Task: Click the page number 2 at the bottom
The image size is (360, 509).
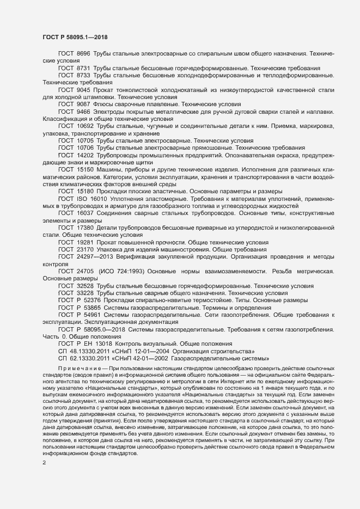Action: [44, 448]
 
